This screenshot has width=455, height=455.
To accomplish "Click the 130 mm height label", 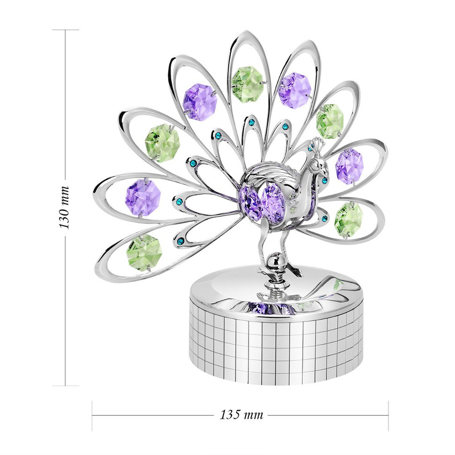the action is [x=65, y=207].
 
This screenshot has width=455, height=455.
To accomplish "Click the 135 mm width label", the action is [x=241, y=415].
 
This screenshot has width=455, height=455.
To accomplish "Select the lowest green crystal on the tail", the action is [x=144, y=253].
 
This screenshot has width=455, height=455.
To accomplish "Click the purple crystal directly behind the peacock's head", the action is [x=349, y=166].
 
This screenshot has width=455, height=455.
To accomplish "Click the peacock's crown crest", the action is [x=318, y=144].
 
